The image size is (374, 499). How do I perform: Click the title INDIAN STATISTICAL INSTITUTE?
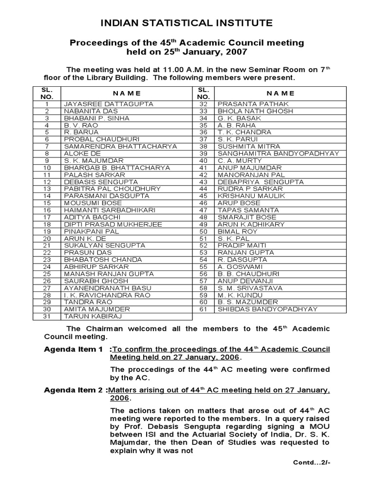187,23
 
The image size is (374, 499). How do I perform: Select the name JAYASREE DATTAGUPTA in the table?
108,104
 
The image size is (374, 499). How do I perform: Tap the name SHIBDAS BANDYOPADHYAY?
267,309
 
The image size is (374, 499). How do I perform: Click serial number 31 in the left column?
47,316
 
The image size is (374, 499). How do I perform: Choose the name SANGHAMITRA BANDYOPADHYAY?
278,154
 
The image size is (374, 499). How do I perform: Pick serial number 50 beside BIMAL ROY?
204,231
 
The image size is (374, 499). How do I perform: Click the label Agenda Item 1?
73,349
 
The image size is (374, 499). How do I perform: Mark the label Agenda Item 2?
73,390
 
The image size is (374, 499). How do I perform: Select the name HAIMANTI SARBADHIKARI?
110,210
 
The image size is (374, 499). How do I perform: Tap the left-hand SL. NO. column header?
47,93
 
